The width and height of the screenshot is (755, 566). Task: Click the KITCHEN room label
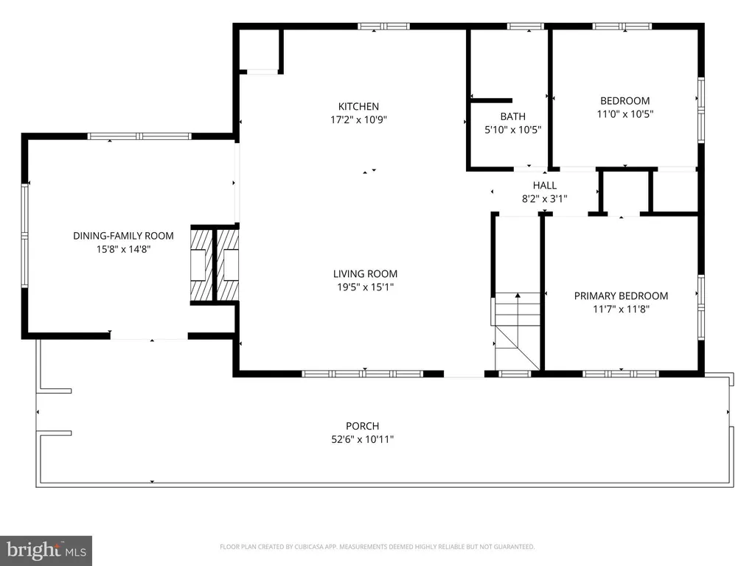point(358,106)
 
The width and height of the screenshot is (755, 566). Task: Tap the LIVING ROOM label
point(366,274)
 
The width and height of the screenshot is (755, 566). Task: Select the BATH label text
point(513,116)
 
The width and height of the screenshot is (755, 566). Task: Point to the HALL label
point(545,185)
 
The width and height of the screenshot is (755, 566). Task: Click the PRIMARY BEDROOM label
point(621,296)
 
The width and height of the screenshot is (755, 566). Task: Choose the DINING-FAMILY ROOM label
point(123,236)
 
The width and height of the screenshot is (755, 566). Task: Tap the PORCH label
point(363,426)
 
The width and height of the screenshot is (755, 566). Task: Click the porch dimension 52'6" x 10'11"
point(363,439)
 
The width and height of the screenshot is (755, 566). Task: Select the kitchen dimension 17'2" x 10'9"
point(359,119)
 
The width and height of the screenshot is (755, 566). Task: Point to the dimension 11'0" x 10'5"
point(625,114)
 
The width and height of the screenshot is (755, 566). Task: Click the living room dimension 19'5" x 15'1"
point(366,287)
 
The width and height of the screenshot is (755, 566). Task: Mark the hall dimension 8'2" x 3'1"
point(545,198)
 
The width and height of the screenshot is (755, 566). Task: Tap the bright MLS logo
point(46,551)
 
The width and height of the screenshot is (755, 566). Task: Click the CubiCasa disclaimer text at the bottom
point(377,547)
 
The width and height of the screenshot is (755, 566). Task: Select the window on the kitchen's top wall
point(383,26)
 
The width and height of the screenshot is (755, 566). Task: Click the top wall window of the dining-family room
point(139,136)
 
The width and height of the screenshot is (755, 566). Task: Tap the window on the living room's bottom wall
point(363,374)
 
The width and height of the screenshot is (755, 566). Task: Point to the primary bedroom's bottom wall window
point(621,374)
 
